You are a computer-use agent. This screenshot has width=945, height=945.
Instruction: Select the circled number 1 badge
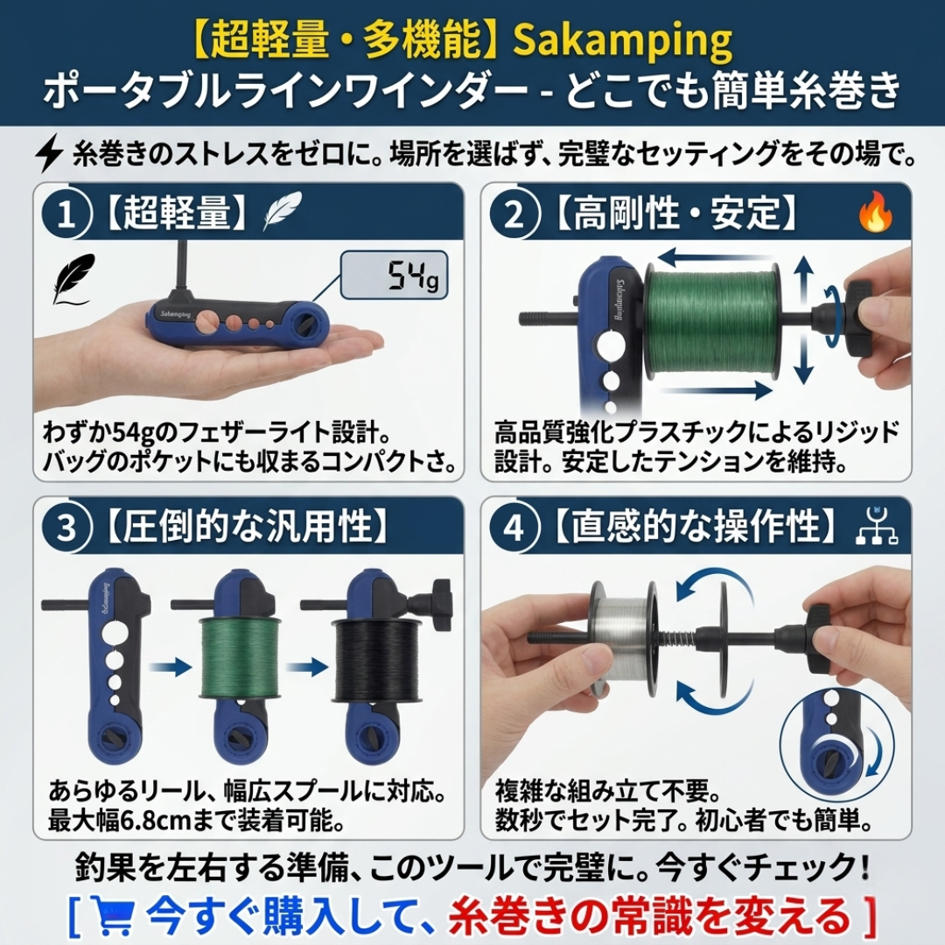click(66, 213)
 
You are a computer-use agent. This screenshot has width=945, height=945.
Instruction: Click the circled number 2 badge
click(514, 213)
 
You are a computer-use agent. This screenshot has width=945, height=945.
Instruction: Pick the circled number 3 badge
click(66, 528)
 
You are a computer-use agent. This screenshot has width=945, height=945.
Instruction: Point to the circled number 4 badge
click(514, 528)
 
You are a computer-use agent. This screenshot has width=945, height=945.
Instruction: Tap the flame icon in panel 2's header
click(874, 214)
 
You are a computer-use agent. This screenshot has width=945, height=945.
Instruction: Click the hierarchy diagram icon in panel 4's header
click(875, 527)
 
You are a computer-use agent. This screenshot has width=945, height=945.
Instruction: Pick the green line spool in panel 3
click(240, 658)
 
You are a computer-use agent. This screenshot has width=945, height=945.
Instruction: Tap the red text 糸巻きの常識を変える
click(649, 915)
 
